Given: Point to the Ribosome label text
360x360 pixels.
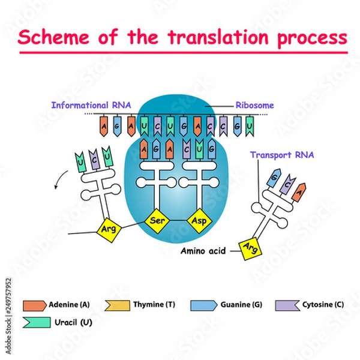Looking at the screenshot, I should [254, 105].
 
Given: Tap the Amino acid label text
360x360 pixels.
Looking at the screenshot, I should [203, 251].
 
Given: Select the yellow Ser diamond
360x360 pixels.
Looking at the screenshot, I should [158, 220].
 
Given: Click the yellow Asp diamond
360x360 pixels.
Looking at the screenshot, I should [199, 220].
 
